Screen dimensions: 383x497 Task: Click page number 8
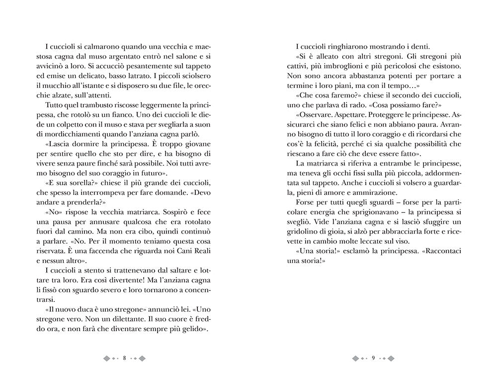pos(124,358)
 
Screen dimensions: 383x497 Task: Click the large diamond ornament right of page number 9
pos(392,358)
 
